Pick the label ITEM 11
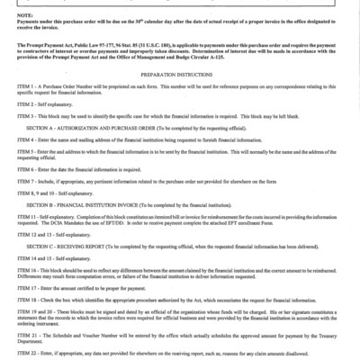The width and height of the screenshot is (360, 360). pos(16,220)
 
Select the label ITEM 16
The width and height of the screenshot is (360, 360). pos(16,271)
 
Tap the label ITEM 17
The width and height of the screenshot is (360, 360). pos(16,288)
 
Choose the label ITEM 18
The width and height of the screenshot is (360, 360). pos(16,300)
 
